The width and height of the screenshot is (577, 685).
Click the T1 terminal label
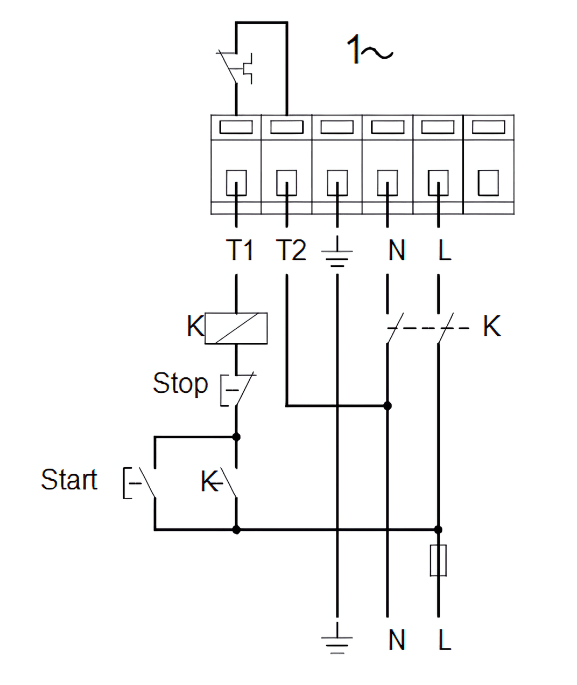(240, 250)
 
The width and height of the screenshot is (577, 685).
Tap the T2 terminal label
(291, 250)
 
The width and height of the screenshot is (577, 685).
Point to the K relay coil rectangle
(236, 328)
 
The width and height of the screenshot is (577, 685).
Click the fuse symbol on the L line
(438, 561)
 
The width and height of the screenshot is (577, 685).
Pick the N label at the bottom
(397, 639)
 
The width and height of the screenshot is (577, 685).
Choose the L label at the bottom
(445, 639)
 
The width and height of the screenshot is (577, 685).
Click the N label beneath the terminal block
(397, 250)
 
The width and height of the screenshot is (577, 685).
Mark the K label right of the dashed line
(492, 326)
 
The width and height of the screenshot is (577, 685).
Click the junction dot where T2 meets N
(388, 406)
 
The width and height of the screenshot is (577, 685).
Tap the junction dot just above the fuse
(438, 529)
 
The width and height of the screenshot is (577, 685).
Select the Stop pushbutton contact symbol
(238, 390)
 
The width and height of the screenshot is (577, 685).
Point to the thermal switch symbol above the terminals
(234, 67)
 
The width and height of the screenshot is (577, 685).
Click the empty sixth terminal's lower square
(488, 183)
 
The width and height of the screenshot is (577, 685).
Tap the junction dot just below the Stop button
(236, 437)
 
